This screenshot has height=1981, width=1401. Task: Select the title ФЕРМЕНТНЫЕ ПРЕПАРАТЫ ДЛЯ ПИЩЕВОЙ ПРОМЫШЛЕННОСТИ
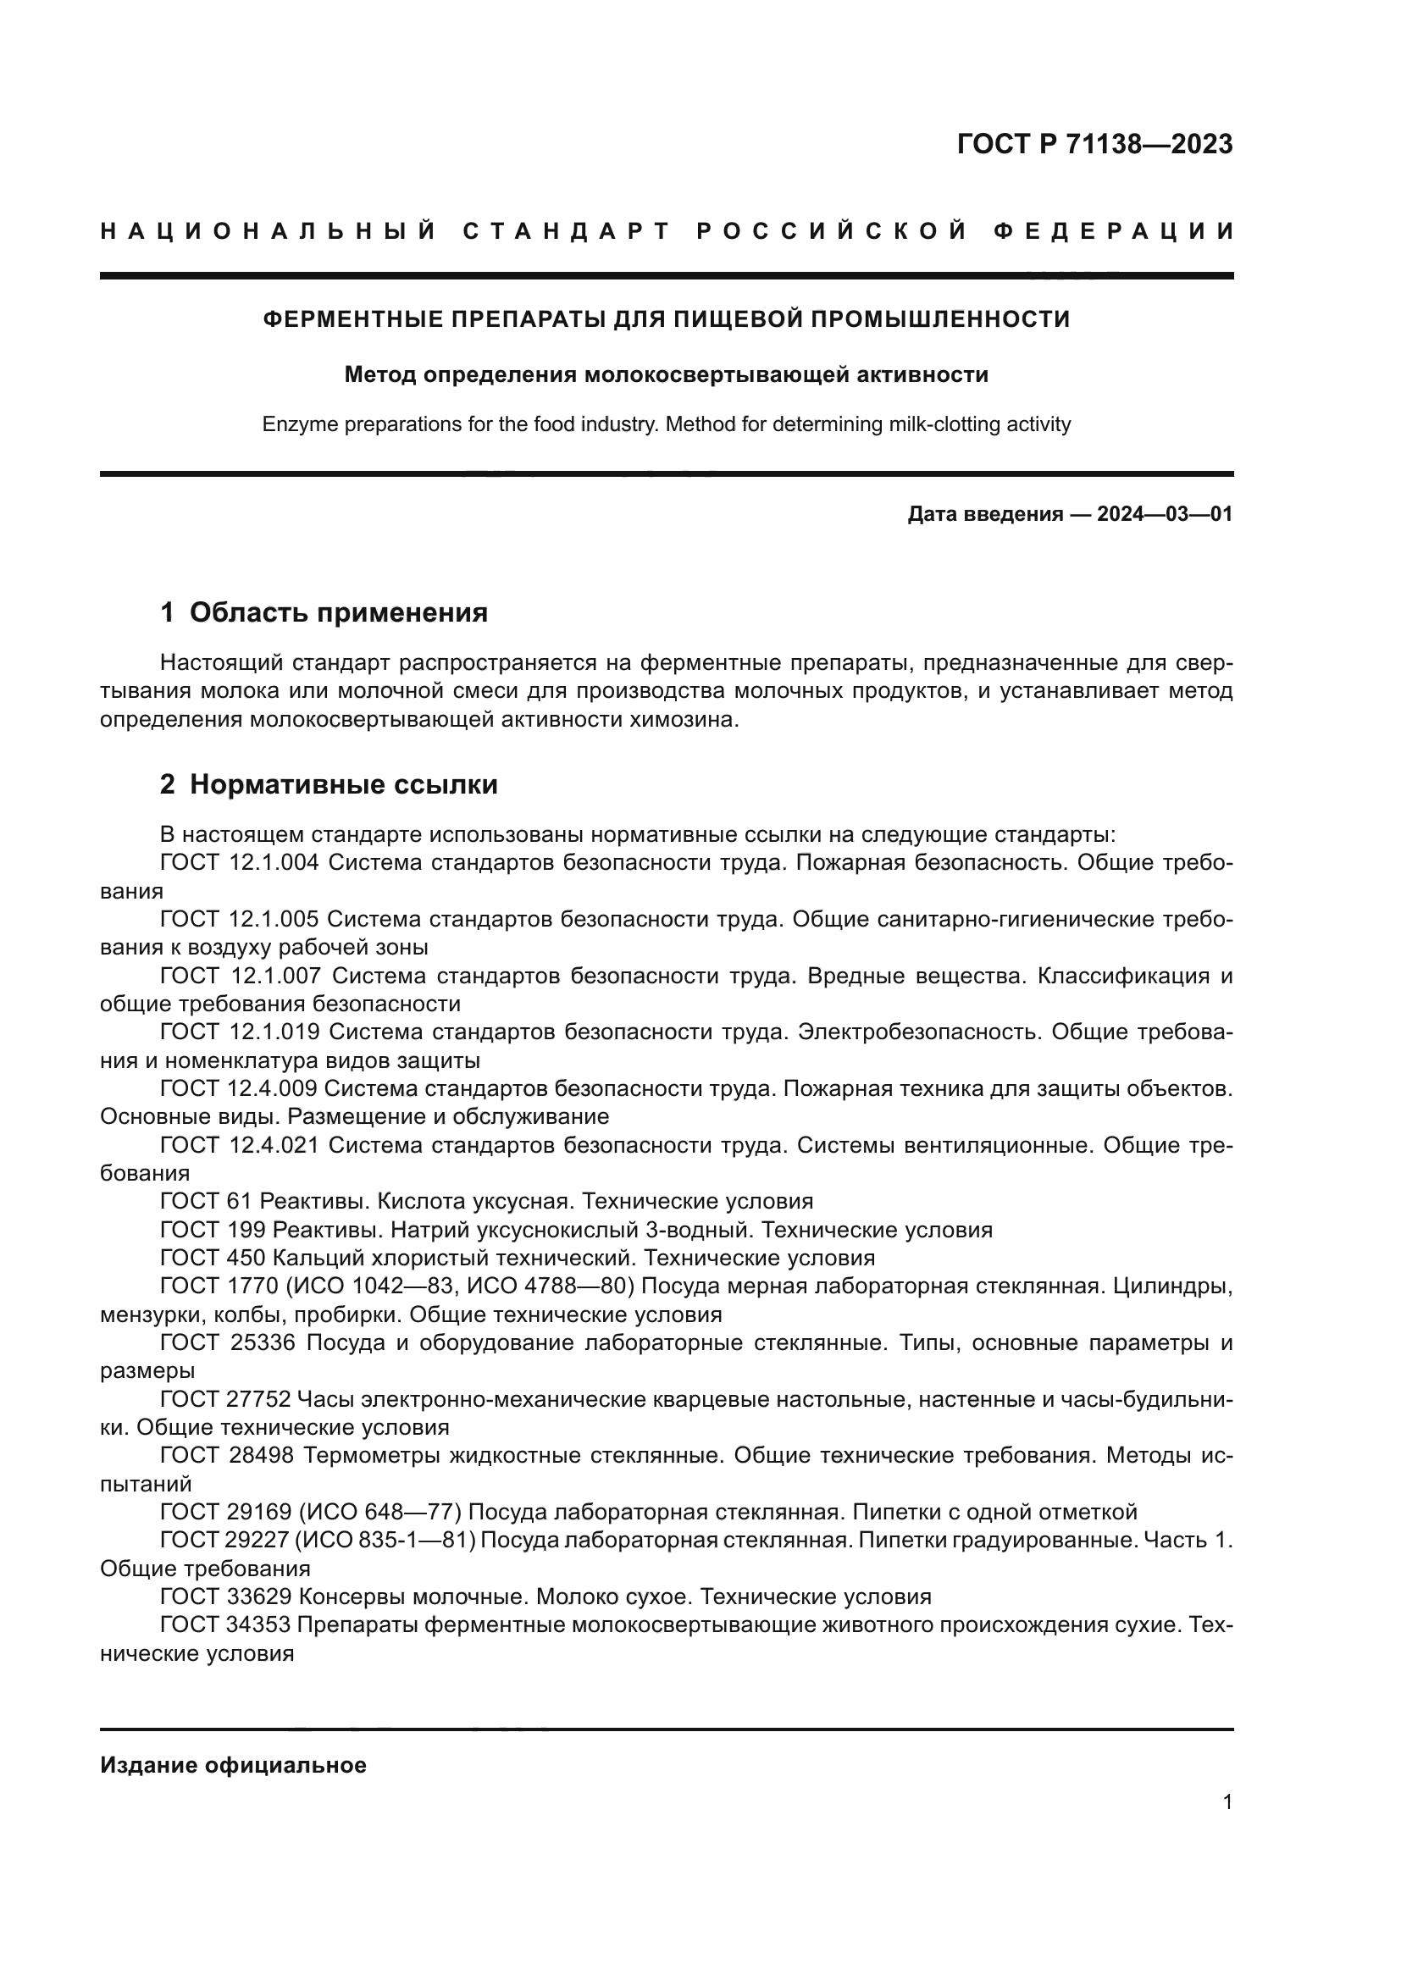(x=666, y=320)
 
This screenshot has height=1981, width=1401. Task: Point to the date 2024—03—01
(x=1164, y=515)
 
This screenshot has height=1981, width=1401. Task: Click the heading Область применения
(x=338, y=612)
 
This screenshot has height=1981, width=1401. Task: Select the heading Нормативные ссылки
(x=343, y=784)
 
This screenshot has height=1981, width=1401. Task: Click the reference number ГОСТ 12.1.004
(x=240, y=863)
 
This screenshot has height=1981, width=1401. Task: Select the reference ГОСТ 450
(x=211, y=1257)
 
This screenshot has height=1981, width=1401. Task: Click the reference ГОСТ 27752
(x=225, y=1398)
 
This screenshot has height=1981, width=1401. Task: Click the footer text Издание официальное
(x=233, y=1765)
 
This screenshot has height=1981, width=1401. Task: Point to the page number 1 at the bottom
(x=1227, y=1802)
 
